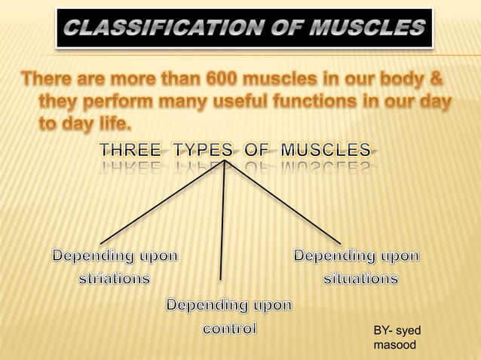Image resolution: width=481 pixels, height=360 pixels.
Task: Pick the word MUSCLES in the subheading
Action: click(325, 150)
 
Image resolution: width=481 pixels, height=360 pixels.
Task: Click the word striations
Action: click(115, 278)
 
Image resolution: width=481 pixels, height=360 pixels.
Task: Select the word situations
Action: click(361, 278)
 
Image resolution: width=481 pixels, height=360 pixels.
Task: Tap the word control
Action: click(229, 328)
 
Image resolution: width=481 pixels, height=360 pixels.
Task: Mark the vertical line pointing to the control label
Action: click(223, 226)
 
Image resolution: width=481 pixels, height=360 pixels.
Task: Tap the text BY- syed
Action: click(397, 331)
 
